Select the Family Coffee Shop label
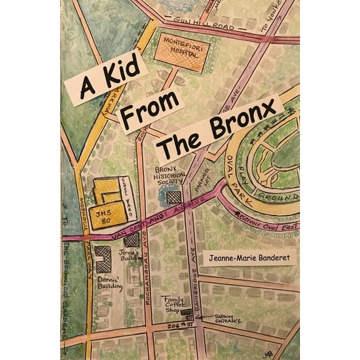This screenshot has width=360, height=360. point(174,304)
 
